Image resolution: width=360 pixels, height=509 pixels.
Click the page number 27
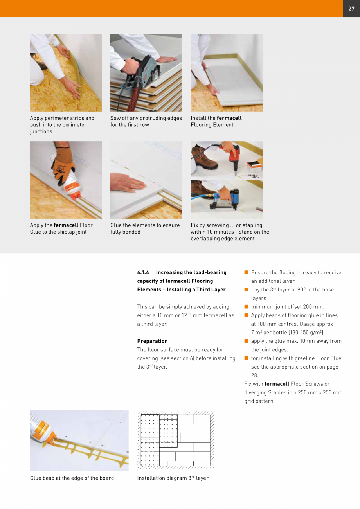point(351,9)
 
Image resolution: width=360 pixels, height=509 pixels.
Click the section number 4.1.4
point(143,272)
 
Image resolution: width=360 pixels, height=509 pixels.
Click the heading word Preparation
point(152,341)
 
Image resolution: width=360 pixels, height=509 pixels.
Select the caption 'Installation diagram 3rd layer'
point(173,478)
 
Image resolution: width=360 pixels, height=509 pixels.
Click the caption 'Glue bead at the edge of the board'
point(72,478)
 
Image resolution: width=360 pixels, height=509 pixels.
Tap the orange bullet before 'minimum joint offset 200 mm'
point(247,307)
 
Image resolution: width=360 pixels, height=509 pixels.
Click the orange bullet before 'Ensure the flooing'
point(247,272)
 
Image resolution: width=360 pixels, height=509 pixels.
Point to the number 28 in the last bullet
point(254,375)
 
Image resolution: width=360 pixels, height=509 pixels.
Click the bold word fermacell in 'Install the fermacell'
point(229,118)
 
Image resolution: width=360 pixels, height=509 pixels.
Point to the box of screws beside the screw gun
point(254,166)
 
